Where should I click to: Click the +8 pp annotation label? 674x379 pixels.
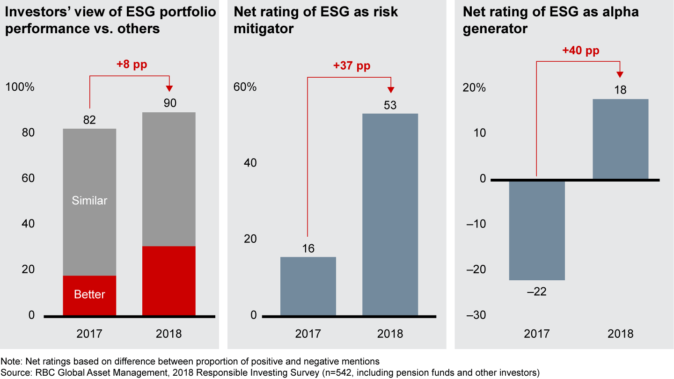132,65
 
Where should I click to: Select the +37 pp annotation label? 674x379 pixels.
352,66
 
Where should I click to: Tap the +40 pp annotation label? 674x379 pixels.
580,50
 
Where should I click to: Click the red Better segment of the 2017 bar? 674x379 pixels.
89,295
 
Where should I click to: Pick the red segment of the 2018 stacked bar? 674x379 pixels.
169,280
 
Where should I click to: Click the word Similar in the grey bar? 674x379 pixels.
89,201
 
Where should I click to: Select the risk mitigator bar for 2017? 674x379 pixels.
308,286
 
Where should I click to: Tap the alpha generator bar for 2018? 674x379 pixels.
620,139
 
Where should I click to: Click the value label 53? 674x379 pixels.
390,105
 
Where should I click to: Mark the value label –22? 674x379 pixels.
537,292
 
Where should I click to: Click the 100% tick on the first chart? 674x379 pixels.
20,87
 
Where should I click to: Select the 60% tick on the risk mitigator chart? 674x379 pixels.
245,87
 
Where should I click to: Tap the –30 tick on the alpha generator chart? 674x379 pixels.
476,315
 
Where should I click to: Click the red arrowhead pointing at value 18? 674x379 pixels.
620,74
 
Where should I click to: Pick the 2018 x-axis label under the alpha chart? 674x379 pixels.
620,334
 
